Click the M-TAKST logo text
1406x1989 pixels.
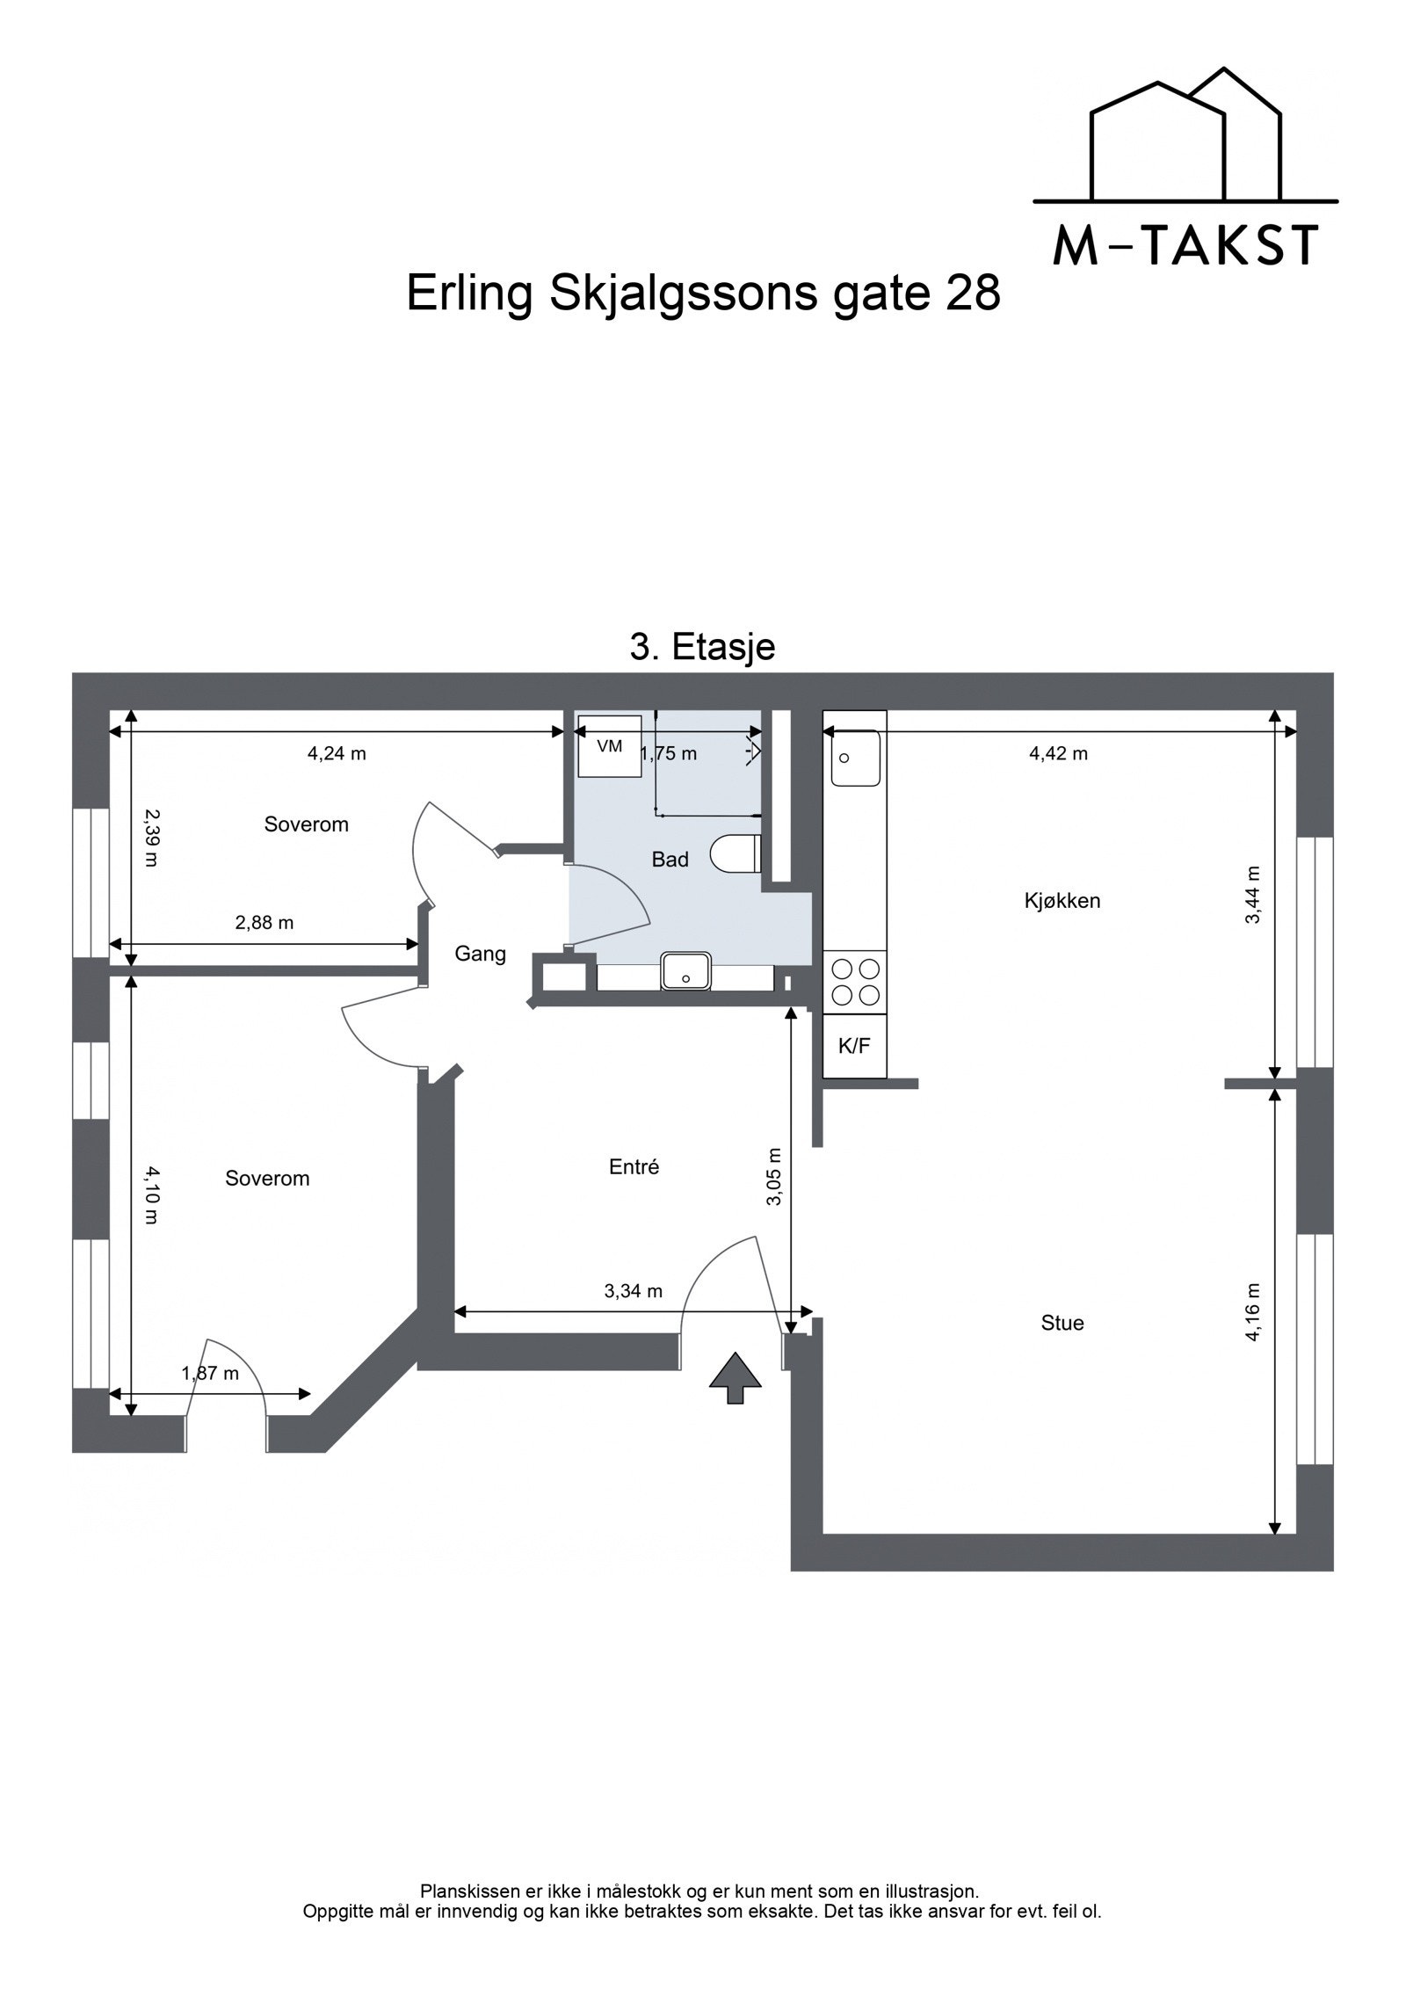coord(1185,246)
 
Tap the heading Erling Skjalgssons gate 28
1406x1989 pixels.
coord(703,293)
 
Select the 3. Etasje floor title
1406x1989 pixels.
coord(702,648)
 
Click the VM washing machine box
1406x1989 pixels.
coord(609,747)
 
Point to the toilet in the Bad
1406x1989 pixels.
coord(736,853)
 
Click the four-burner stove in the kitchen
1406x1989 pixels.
coord(855,982)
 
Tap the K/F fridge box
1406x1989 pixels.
coord(854,1046)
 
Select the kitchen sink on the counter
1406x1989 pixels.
coord(855,758)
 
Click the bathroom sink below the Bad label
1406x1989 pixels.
coord(686,971)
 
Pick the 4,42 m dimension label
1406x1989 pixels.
coord(1058,753)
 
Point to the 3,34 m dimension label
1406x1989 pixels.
coord(633,1291)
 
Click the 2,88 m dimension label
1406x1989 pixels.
coord(264,923)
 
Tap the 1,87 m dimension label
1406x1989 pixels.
coord(210,1373)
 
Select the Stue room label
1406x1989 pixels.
coord(1062,1323)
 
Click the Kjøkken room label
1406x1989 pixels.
coord(1062,901)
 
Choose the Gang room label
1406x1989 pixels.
coord(480,954)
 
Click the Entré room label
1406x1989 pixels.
coord(634,1167)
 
